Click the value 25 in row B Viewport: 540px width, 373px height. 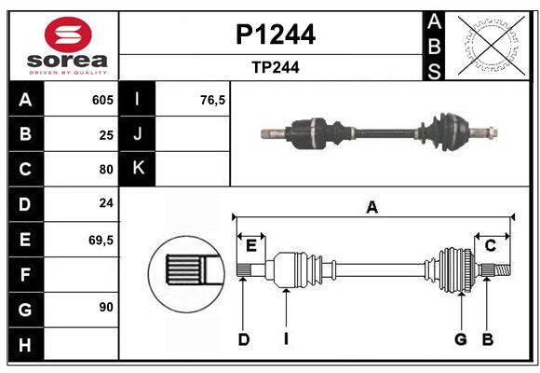(x=106, y=134)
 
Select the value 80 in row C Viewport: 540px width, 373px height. (x=106, y=170)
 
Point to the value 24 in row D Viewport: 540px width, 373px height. (x=106, y=204)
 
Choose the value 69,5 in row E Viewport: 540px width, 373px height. (x=101, y=240)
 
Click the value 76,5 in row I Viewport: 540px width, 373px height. (x=213, y=100)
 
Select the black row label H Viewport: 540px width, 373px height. (x=25, y=344)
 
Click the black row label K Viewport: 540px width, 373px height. (x=138, y=169)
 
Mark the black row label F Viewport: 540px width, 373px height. (x=25, y=274)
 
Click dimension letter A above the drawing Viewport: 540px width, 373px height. (x=372, y=207)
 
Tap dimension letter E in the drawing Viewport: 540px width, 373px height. (x=251, y=245)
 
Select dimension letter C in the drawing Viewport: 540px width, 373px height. (x=490, y=245)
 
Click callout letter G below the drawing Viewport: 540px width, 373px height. (x=460, y=339)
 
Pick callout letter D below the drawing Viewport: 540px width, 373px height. (x=243, y=339)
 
